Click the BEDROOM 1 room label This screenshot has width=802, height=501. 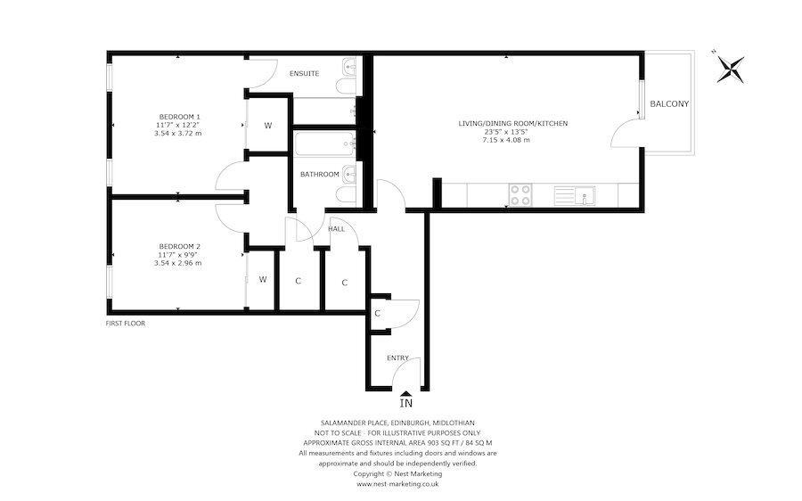(x=179, y=117)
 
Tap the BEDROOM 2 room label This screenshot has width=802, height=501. (x=179, y=246)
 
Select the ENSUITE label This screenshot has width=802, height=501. (x=304, y=73)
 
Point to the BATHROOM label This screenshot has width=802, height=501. (x=318, y=175)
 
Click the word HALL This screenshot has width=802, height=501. (x=336, y=229)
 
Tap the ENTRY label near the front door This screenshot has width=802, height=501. (x=397, y=358)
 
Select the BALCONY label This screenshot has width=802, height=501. (x=669, y=104)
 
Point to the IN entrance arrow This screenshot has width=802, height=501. (x=405, y=399)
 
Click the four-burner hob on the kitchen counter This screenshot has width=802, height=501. (x=519, y=194)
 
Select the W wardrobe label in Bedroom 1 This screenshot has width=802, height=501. (x=267, y=126)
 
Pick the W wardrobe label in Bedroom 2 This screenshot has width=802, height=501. (x=263, y=280)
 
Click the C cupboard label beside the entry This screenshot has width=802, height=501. (x=378, y=313)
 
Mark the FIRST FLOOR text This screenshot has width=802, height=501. (x=125, y=324)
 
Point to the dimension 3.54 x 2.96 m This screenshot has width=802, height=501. (x=178, y=263)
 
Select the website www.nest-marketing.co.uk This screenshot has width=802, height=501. (x=397, y=483)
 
